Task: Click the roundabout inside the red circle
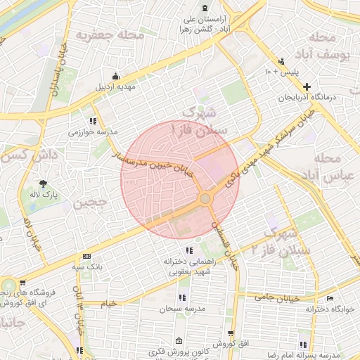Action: (205, 199)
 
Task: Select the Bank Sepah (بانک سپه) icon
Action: (86, 257)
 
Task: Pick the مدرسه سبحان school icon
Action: (182, 297)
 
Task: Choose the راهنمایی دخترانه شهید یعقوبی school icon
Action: (188, 250)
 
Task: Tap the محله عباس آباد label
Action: (334, 166)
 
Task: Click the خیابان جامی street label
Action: (281, 299)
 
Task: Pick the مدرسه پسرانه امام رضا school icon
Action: (303, 345)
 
